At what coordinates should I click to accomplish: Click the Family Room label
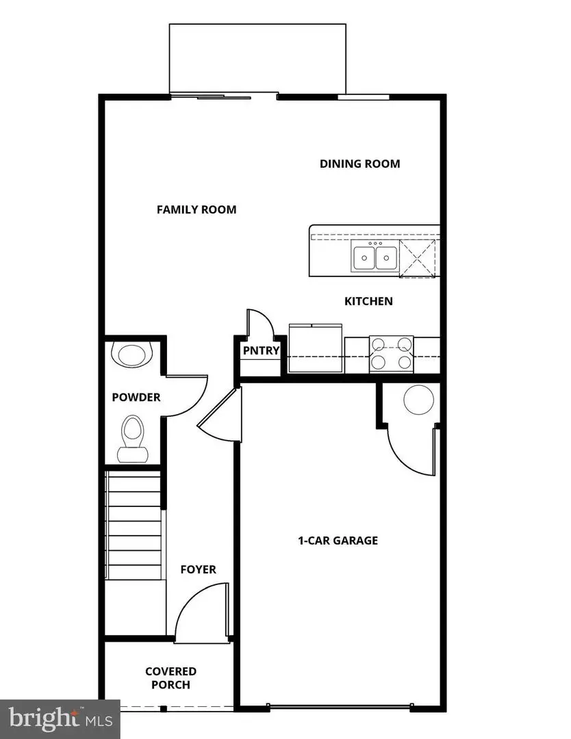coord(196,209)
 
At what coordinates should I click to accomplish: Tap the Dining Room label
coord(359,164)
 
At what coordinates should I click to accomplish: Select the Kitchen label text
coord(368,301)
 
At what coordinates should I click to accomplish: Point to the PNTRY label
coord(261,351)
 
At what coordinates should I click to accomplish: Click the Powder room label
coord(136,397)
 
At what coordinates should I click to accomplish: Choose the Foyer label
coord(198,569)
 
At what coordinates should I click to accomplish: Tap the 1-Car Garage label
coord(338,541)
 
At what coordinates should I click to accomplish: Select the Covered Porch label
coord(170,677)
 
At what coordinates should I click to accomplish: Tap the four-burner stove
coord(392,353)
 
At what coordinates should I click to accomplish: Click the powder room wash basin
coord(131,355)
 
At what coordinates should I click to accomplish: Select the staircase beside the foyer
coord(135,523)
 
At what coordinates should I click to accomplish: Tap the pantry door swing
coord(260,324)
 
